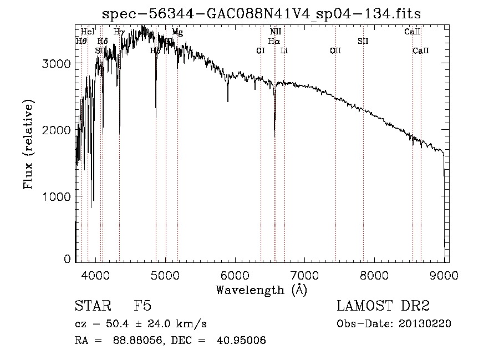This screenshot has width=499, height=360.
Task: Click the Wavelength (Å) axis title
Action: tap(261, 290)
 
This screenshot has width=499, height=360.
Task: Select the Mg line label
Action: tap(177, 32)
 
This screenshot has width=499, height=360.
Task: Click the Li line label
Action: tap(284, 50)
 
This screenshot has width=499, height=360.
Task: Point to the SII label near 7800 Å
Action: tap(363, 41)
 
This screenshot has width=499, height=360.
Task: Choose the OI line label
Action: tap(260, 50)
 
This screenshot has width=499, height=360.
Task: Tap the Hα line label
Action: tap(274, 41)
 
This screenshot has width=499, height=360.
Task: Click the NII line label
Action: tap(276, 32)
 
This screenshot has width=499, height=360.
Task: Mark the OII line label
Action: tap(335, 50)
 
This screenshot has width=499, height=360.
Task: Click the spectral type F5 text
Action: tap(142, 306)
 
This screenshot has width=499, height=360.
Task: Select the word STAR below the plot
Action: tap(89, 306)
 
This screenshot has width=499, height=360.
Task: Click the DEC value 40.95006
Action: tap(244, 341)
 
